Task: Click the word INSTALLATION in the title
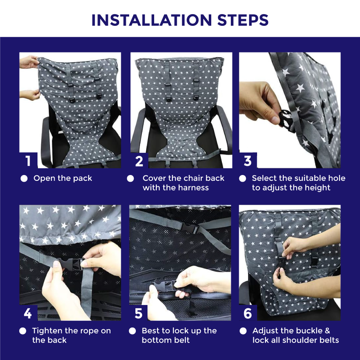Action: [x=152, y=20]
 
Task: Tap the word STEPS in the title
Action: [x=243, y=20]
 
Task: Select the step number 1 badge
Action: [x=28, y=160]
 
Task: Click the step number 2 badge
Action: [x=139, y=160]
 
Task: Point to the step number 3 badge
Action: [x=248, y=160]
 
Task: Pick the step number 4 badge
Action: [x=28, y=313]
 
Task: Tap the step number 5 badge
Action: [x=138, y=313]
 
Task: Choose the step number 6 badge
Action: [x=248, y=313]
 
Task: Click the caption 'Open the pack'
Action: [x=62, y=178]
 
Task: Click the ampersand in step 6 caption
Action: [x=327, y=331]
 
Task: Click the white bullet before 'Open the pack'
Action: [x=24, y=178]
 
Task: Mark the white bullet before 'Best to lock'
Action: [x=132, y=331]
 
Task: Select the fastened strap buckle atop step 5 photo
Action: [x=190, y=227]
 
